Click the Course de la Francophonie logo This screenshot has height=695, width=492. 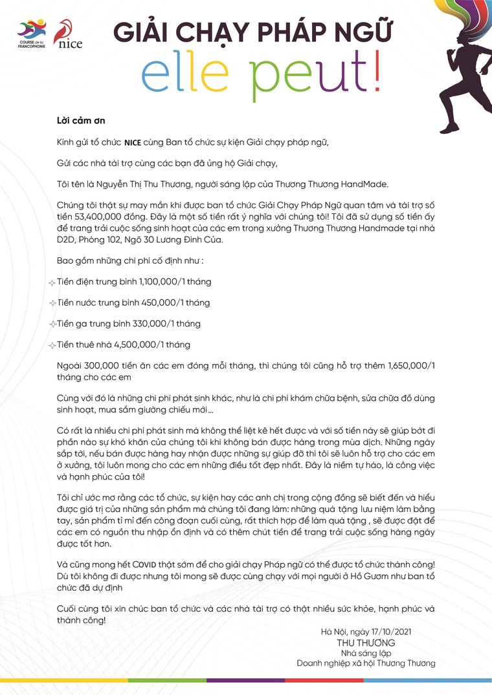click(x=32, y=35)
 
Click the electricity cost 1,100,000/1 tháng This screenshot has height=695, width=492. click(x=175, y=282)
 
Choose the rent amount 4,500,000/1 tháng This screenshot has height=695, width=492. click(x=158, y=344)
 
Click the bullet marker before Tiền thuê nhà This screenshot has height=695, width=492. click(x=52, y=345)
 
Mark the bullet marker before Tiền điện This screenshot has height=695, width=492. click(x=52, y=283)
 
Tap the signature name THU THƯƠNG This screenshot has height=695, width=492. click(x=366, y=643)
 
